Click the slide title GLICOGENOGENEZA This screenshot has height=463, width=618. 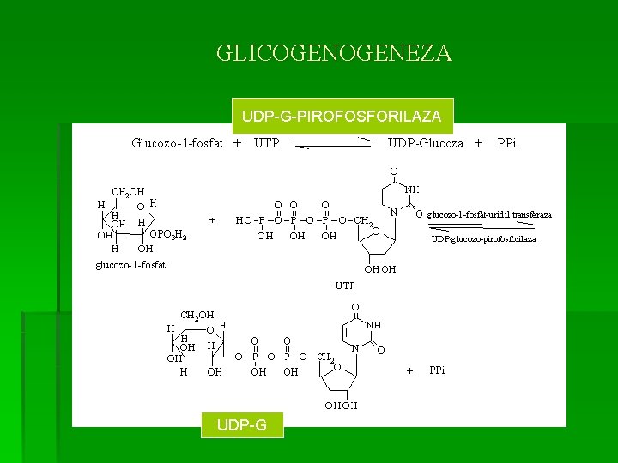click(x=334, y=54)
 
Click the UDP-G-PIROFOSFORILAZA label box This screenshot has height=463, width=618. click(x=342, y=115)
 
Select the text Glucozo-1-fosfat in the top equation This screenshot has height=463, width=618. click(x=177, y=143)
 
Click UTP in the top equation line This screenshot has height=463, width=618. click(x=266, y=143)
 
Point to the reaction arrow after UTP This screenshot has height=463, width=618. click(x=333, y=143)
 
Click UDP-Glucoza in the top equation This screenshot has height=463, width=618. click(x=426, y=143)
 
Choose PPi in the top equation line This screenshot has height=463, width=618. click(x=506, y=143)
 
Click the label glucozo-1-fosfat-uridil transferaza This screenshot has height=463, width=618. click(x=489, y=214)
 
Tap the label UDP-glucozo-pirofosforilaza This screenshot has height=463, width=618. click(x=483, y=239)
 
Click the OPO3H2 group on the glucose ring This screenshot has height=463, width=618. click(x=168, y=234)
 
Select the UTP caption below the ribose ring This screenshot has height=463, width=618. click(x=345, y=285)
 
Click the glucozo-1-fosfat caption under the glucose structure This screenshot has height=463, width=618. click(x=130, y=265)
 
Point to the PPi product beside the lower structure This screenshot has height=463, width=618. click(x=437, y=370)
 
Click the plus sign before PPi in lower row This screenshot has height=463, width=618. click(x=409, y=370)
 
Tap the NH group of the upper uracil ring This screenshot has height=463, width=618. click(x=412, y=189)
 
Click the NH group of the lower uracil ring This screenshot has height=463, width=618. click(x=373, y=326)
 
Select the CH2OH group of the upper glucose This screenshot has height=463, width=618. click(x=128, y=191)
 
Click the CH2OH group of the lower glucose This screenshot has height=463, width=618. click(x=197, y=315)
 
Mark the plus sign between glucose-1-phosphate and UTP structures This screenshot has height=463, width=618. click(x=212, y=219)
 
